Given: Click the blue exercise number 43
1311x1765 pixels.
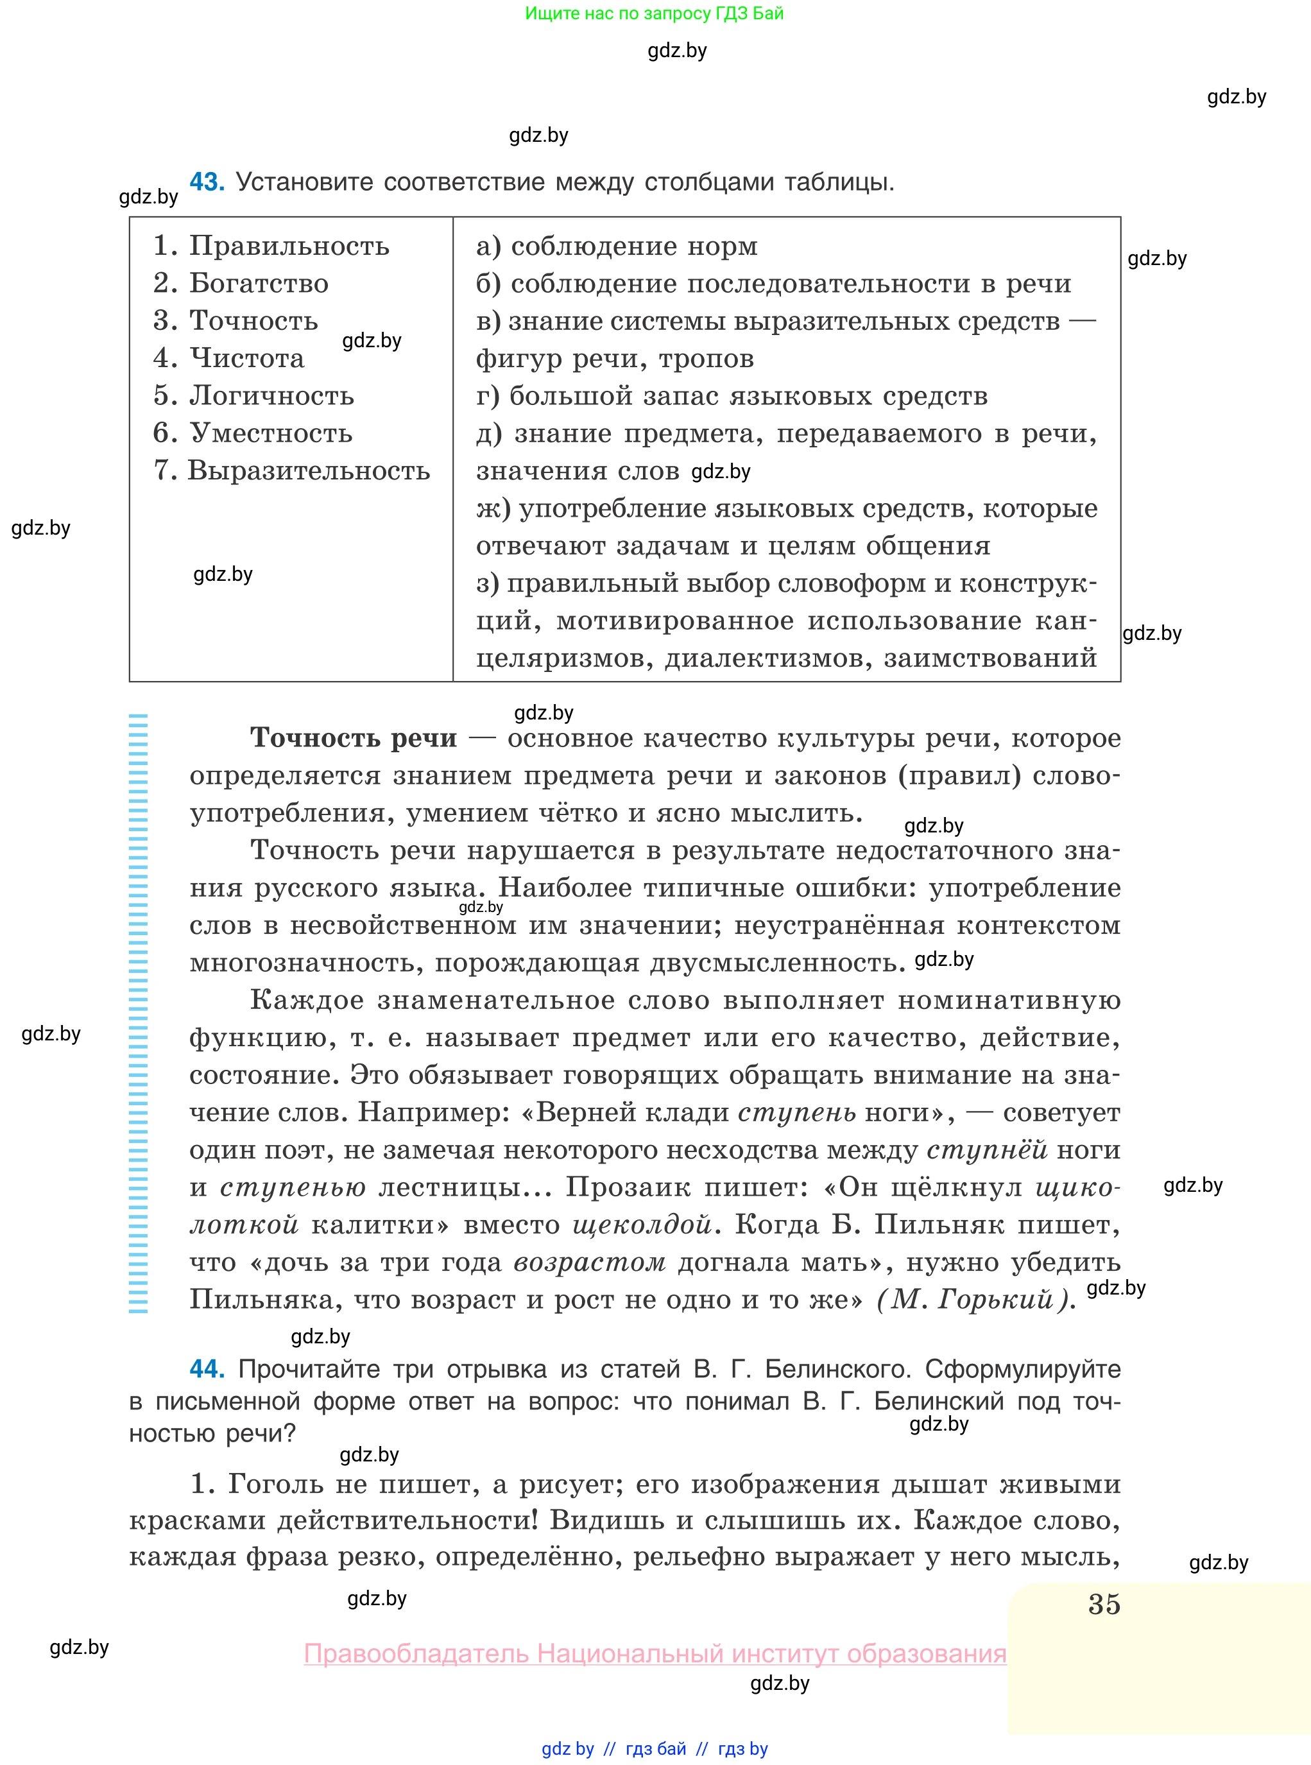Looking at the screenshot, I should pos(207,182).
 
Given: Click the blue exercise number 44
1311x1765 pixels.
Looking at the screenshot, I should pos(207,1368).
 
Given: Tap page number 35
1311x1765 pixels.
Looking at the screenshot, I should pos(1104,1604).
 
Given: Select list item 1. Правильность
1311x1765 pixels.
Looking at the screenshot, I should pos(271,246).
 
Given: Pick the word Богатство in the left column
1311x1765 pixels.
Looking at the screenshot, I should pos(259,283).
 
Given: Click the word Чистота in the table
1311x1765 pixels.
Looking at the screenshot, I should pos(247,358).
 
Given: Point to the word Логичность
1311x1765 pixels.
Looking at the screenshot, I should pos(271,395).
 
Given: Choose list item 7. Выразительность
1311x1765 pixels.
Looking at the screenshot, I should pos(291,470).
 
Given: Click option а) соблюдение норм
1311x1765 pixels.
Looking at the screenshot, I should pos(617,246).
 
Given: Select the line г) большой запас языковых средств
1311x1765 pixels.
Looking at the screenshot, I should pos(732,395).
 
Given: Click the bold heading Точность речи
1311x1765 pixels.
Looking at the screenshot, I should pos(353,738).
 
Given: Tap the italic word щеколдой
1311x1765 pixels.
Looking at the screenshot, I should pos(642,1225).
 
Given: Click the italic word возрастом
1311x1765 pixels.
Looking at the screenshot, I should pos(590,1262).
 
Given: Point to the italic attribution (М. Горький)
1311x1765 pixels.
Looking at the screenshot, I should pos(975,1299).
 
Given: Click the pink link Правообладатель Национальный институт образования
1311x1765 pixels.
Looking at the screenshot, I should pos(655,1654).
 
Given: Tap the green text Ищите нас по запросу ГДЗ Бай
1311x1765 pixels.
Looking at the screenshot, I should pos(654,13).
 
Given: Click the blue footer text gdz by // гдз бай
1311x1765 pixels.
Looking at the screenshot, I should pos(654,1749).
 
